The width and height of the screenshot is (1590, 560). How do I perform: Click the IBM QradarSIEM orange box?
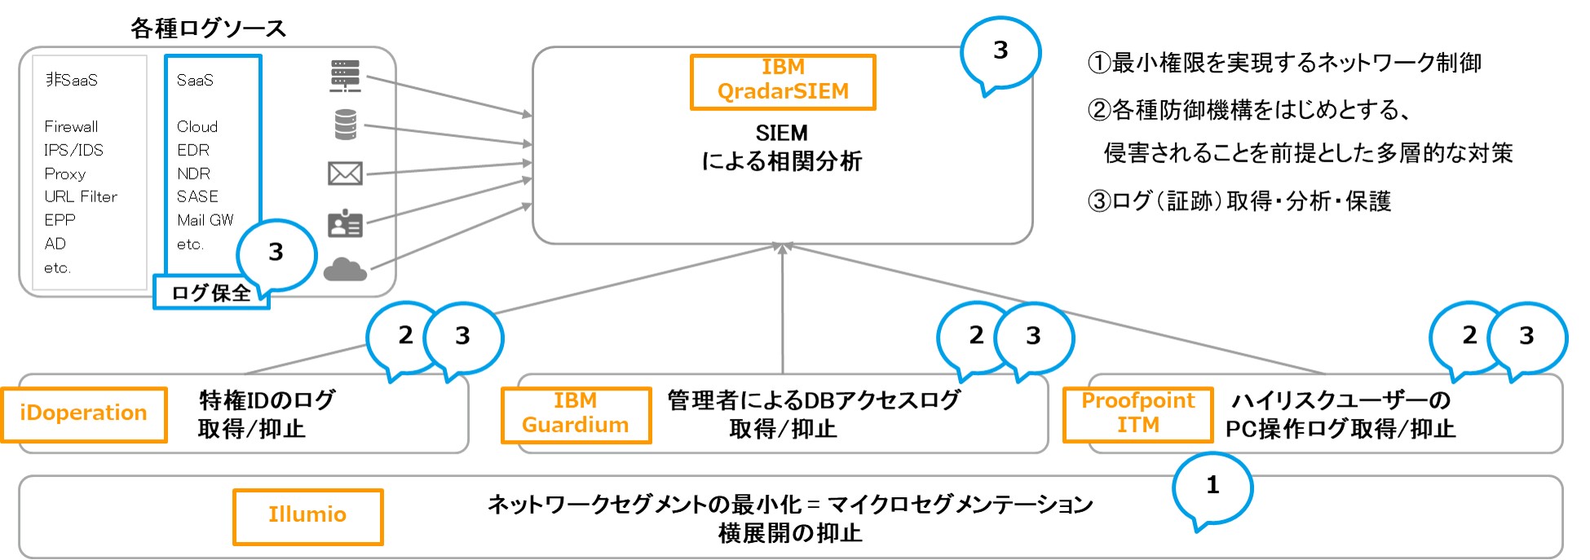click(x=783, y=82)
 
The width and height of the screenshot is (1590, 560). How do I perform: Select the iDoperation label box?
click(x=84, y=414)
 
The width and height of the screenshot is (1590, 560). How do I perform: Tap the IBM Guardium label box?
click(x=576, y=414)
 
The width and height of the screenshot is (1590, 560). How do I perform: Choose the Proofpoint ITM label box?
click(x=1138, y=414)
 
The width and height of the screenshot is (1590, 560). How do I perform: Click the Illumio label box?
click(x=307, y=516)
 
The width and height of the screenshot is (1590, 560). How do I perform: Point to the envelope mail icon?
click(x=345, y=173)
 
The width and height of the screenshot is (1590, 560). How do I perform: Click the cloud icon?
click(x=345, y=269)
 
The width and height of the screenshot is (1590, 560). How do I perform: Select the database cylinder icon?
click(x=346, y=125)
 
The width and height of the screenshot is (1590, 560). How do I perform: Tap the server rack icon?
click(x=346, y=75)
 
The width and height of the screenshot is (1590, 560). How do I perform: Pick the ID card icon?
click(x=345, y=223)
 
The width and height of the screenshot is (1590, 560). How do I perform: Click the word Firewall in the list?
click(x=71, y=126)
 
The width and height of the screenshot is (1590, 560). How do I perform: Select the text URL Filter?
click(x=81, y=196)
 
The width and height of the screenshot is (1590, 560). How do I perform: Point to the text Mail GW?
click(x=205, y=220)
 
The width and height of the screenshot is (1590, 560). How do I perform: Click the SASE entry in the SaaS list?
click(x=197, y=196)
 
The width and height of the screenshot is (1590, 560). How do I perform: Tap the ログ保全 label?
click(x=211, y=293)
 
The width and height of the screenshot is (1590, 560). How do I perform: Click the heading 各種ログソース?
click(x=209, y=29)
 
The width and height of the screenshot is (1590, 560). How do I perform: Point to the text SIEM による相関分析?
click(x=782, y=148)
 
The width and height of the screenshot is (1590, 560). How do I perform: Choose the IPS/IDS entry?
click(x=73, y=150)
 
